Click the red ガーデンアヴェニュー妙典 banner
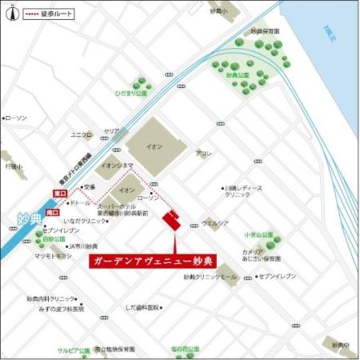click(154, 262)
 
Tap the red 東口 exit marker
click(59, 193)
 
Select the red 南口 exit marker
click(52, 213)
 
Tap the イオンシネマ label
click(117, 165)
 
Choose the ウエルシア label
click(215, 223)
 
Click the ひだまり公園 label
click(131, 93)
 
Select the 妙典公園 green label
click(237, 74)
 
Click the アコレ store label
click(203, 153)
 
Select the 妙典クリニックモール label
click(210, 277)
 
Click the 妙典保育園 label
click(265, 31)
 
